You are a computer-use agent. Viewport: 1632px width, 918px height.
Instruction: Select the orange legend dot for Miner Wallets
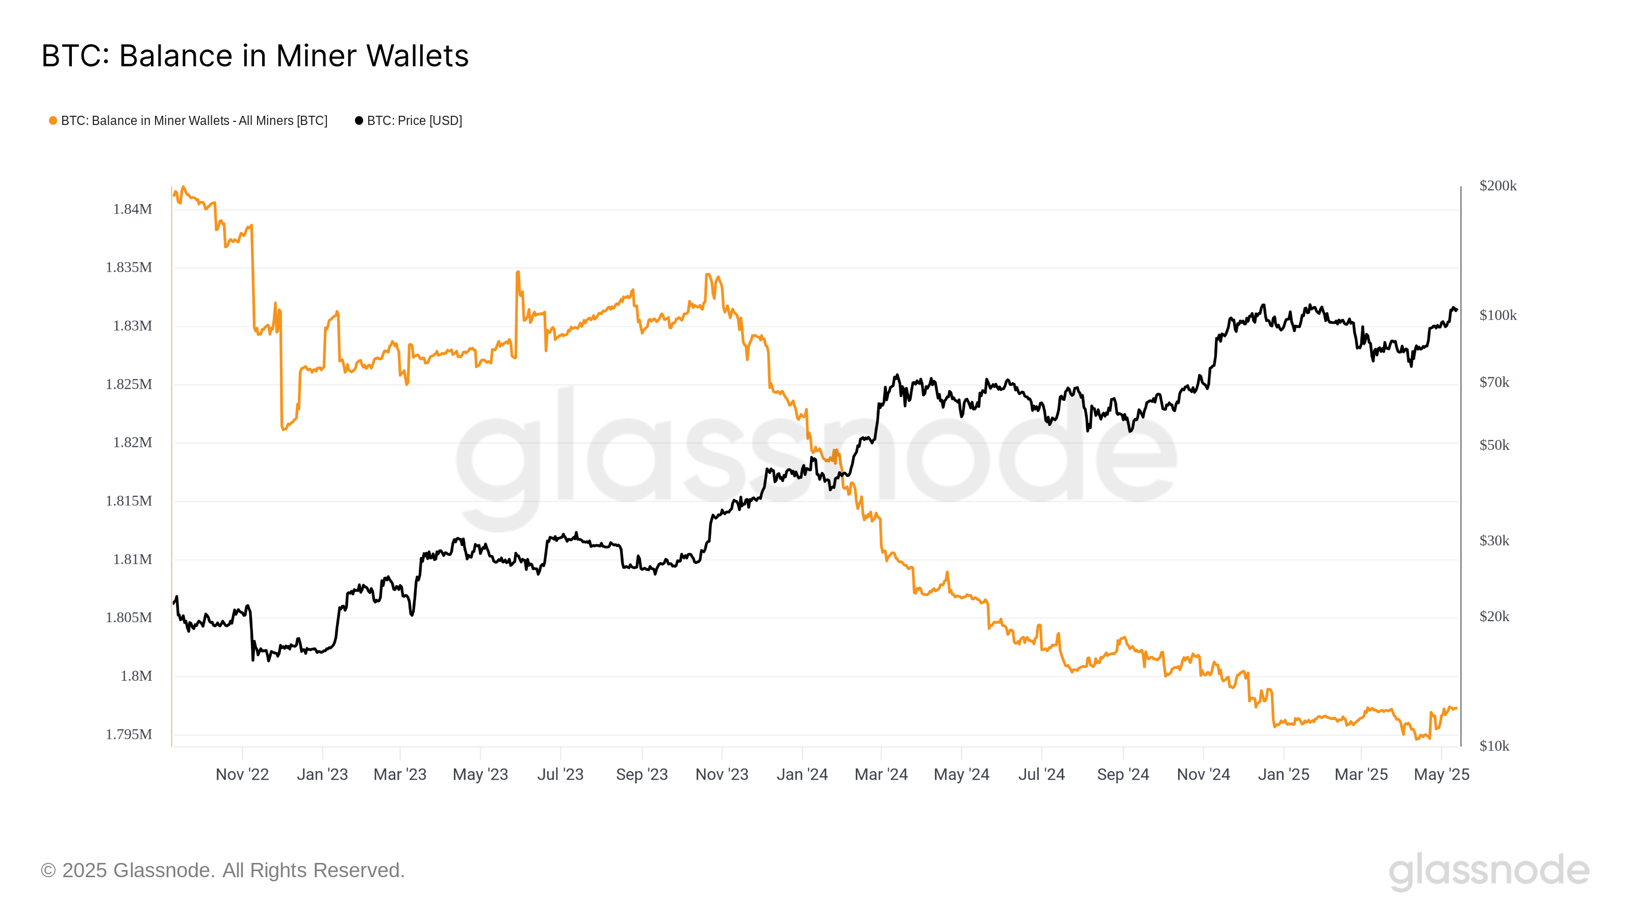click(53, 120)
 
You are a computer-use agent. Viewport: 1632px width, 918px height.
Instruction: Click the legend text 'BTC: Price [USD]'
click(414, 120)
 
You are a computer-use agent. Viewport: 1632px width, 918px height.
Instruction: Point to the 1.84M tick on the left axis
click(133, 209)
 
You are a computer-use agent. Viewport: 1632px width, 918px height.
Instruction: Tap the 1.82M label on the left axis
click(133, 442)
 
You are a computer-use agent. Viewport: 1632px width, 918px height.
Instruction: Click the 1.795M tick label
click(129, 734)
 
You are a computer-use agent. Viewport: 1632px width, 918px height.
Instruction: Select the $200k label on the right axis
click(1498, 186)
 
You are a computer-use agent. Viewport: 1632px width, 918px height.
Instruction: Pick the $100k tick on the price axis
click(1498, 315)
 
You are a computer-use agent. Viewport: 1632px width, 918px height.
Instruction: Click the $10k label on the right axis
click(1494, 746)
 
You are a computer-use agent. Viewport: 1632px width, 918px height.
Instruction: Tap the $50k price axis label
click(1494, 445)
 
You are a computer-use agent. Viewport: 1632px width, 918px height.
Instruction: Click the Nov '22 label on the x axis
click(242, 774)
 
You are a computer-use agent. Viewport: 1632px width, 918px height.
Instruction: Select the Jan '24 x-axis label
click(802, 774)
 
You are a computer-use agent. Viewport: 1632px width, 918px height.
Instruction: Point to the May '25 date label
click(1441, 774)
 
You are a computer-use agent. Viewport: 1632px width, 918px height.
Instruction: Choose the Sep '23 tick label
click(642, 774)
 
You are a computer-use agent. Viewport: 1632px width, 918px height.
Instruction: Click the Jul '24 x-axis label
click(1041, 774)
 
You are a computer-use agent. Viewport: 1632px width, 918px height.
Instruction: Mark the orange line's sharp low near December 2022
click(283, 429)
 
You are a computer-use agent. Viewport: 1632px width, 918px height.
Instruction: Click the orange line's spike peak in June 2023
click(518, 272)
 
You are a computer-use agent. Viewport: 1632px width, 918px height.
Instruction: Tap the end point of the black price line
click(1457, 310)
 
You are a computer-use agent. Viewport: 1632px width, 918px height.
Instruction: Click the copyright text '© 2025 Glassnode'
click(222, 870)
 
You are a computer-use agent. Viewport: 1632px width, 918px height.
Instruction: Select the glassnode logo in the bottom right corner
click(1489, 870)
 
